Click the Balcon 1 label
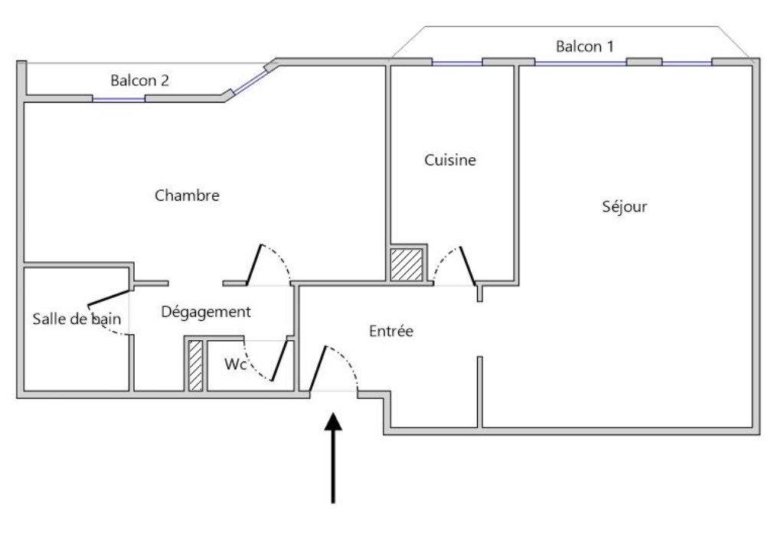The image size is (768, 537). coord(584,47)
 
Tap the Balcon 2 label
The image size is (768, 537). coord(139,80)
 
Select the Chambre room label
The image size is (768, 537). coord(187,195)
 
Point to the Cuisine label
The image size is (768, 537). coord(449,160)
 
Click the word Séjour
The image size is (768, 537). coord(625,207)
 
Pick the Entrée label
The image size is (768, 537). coord(391,332)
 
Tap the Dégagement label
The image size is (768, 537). coord(205,312)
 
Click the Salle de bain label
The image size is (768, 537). coord(77,319)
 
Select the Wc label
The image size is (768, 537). coord(235,365)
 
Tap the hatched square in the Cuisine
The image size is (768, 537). coord(407,264)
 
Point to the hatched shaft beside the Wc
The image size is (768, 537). coord(196,365)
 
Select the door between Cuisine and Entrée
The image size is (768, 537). coord(466,265)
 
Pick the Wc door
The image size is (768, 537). coord(280,360)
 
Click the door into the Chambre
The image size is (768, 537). coord(255,264)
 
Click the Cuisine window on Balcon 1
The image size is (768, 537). coord(457,62)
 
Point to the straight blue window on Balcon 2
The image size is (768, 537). coord(119,99)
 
